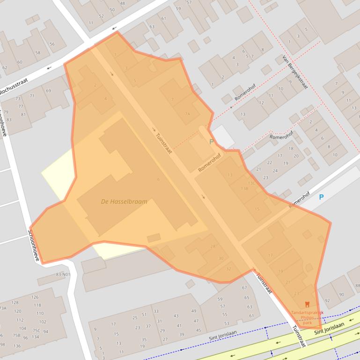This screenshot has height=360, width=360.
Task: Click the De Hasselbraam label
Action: click(x=124, y=202)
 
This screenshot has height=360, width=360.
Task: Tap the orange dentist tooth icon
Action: click(x=307, y=304)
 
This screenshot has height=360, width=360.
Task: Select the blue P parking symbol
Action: click(x=321, y=197)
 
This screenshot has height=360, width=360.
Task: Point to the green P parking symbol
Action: click(x=211, y=141)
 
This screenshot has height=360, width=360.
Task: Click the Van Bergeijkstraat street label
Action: click(x=295, y=72)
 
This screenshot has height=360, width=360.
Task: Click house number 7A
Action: click(x=187, y=114)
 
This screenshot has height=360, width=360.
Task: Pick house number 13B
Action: click(x=244, y=188)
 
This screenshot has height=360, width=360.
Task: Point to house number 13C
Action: click(x=251, y=183)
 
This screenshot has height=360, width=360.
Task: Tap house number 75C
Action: click(x=36, y=331)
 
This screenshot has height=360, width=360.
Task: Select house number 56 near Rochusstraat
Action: click(x=51, y=44)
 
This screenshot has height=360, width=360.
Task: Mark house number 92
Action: click(x=327, y=300)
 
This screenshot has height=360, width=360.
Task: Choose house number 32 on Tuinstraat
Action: click(x=228, y=269)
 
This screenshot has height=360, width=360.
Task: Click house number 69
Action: click(x=48, y=91)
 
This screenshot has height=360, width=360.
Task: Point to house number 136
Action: click(x=17, y=346)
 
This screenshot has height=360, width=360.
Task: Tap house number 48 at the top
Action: click(x=123, y=3)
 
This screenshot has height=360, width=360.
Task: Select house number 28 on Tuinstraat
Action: click(x=213, y=246)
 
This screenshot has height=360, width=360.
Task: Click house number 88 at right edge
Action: click(x=357, y=285)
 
